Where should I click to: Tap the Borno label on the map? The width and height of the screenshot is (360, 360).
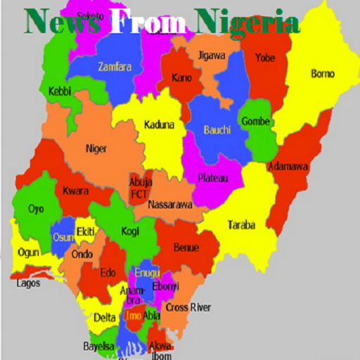[x=323, y=74]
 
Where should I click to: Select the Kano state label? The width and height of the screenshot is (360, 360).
[x=181, y=76]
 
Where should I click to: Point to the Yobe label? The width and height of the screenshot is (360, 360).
[x=265, y=58]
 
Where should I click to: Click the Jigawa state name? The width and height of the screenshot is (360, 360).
[x=212, y=54]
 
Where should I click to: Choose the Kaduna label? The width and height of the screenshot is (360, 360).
[x=160, y=126]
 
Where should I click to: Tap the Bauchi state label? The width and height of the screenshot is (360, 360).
[x=217, y=130]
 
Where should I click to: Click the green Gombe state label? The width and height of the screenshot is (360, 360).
[x=256, y=122]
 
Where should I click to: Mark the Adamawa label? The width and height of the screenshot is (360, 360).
[x=288, y=167]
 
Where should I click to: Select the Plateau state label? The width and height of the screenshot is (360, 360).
[x=212, y=179]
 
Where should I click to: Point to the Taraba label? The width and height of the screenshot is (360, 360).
[x=240, y=226]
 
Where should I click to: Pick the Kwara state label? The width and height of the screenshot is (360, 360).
[x=75, y=191]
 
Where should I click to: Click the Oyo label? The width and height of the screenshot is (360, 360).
[x=36, y=209]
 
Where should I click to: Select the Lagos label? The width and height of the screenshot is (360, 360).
[x=29, y=284]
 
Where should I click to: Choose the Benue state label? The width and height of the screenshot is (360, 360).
[x=186, y=247]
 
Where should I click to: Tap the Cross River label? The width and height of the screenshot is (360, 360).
[x=188, y=307]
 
